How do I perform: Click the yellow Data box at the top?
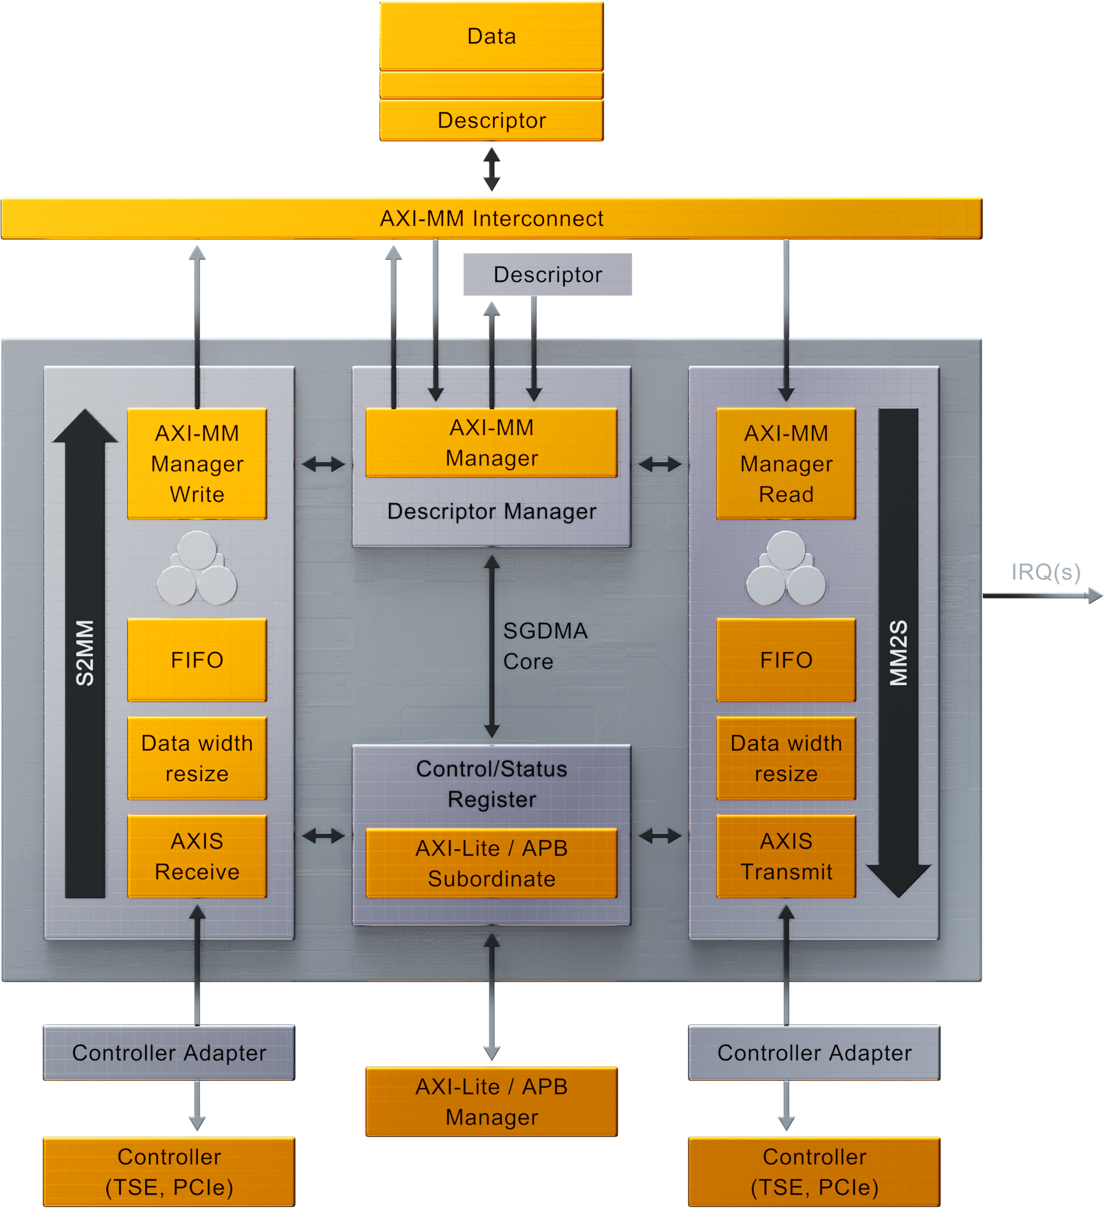coord(491,36)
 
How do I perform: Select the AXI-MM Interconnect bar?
coord(491,218)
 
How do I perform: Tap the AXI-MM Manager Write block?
coord(197,464)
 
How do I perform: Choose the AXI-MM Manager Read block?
coord(786,464)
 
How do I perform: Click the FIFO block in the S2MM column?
coord(197,660)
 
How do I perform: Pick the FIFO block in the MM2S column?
coord(786,660)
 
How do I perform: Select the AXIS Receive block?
coord(197,857)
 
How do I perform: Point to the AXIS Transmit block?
coord(786,857)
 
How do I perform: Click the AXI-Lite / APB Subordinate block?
coord(491,863)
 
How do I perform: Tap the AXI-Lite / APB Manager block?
coord(491,1102)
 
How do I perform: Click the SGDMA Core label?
coord(545,646)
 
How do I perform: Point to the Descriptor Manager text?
coord(491,511)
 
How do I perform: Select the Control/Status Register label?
coord(491,784)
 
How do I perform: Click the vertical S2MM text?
coord(85,653)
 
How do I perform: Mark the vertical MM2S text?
coord(898,653)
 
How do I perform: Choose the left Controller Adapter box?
coord(169,1053)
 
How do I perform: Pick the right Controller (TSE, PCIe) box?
coord(814,1172)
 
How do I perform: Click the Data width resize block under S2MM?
coord(197,758)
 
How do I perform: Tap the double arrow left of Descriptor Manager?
coord(323,464)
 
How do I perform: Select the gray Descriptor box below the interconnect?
coord(547,275)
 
